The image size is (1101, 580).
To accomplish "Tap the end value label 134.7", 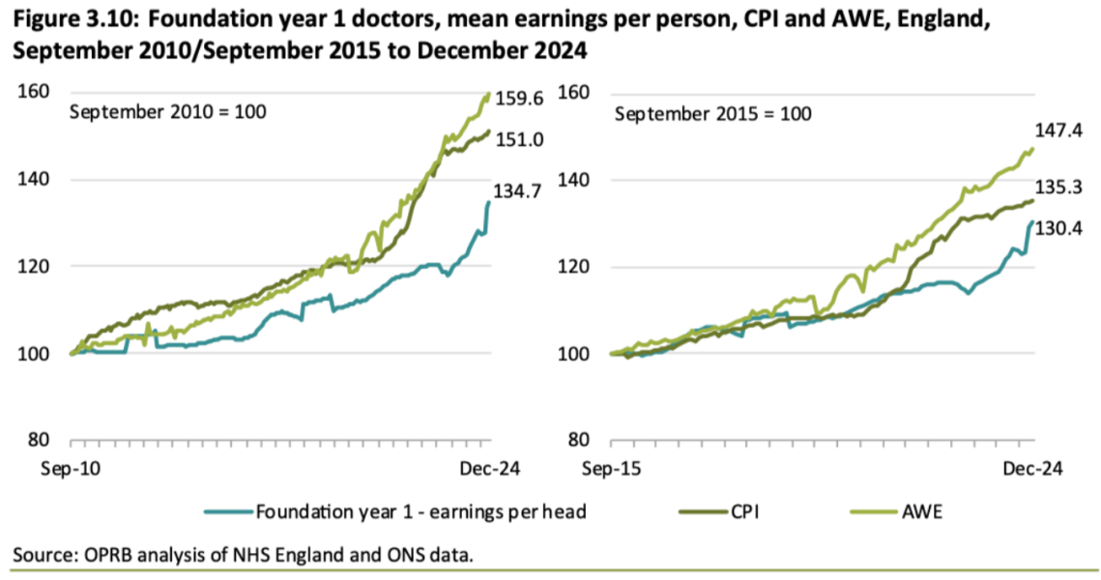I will pos(518,191).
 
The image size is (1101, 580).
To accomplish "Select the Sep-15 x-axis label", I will pos(611,468).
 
